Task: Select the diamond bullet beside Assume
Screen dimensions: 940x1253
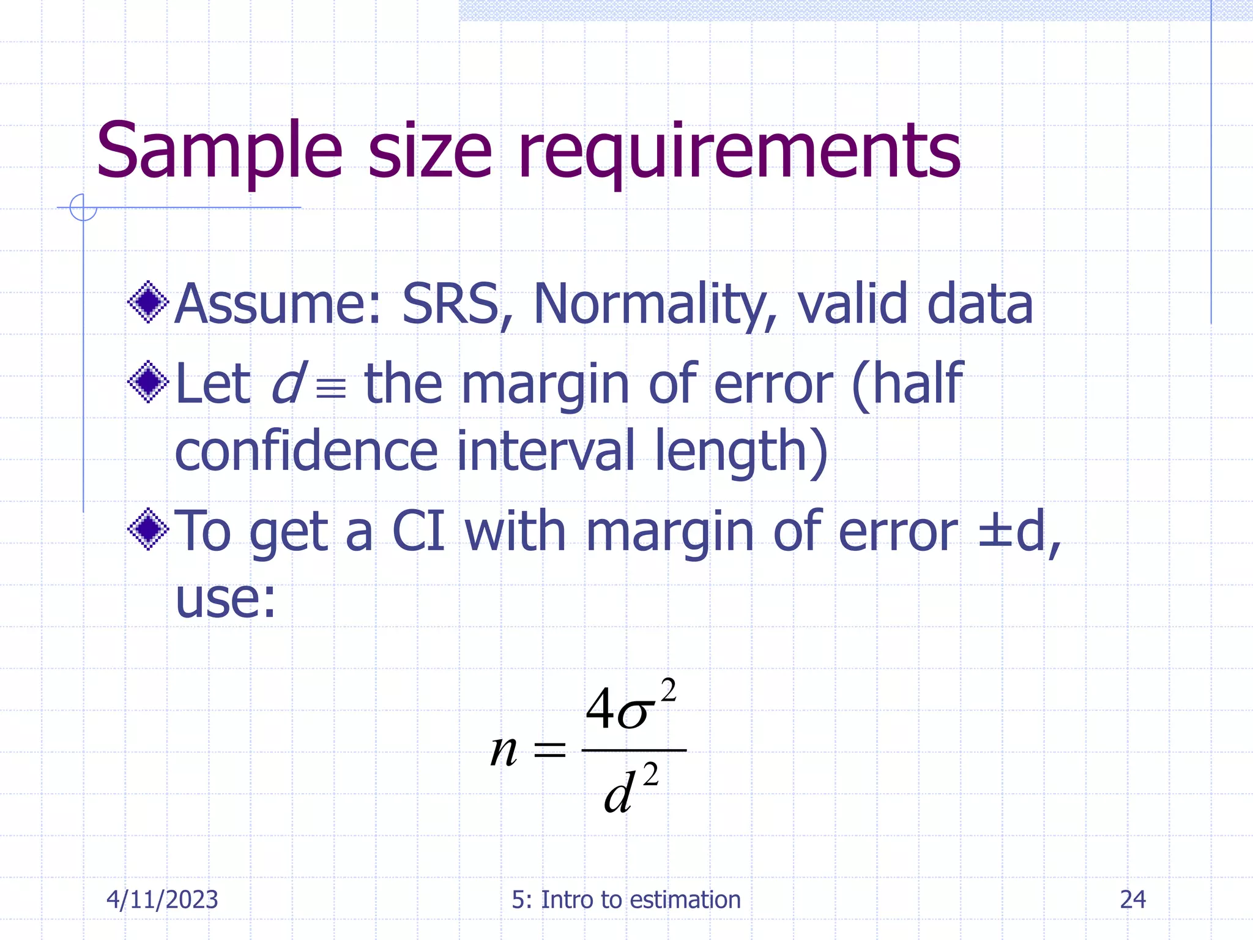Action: click(148, 302)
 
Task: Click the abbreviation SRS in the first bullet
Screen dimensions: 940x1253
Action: click(450, 304)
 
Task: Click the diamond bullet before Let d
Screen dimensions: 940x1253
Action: click(148, 382)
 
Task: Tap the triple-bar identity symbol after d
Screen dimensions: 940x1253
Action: click(331, 387)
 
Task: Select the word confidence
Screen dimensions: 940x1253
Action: click(306, 451)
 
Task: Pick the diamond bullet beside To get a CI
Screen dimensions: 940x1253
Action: click(148, 529)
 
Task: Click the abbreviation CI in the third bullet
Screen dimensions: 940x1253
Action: click(418, 531)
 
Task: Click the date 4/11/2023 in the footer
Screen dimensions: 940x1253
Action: click(162, 900)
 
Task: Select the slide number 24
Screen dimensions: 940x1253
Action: click(1132, 900)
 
